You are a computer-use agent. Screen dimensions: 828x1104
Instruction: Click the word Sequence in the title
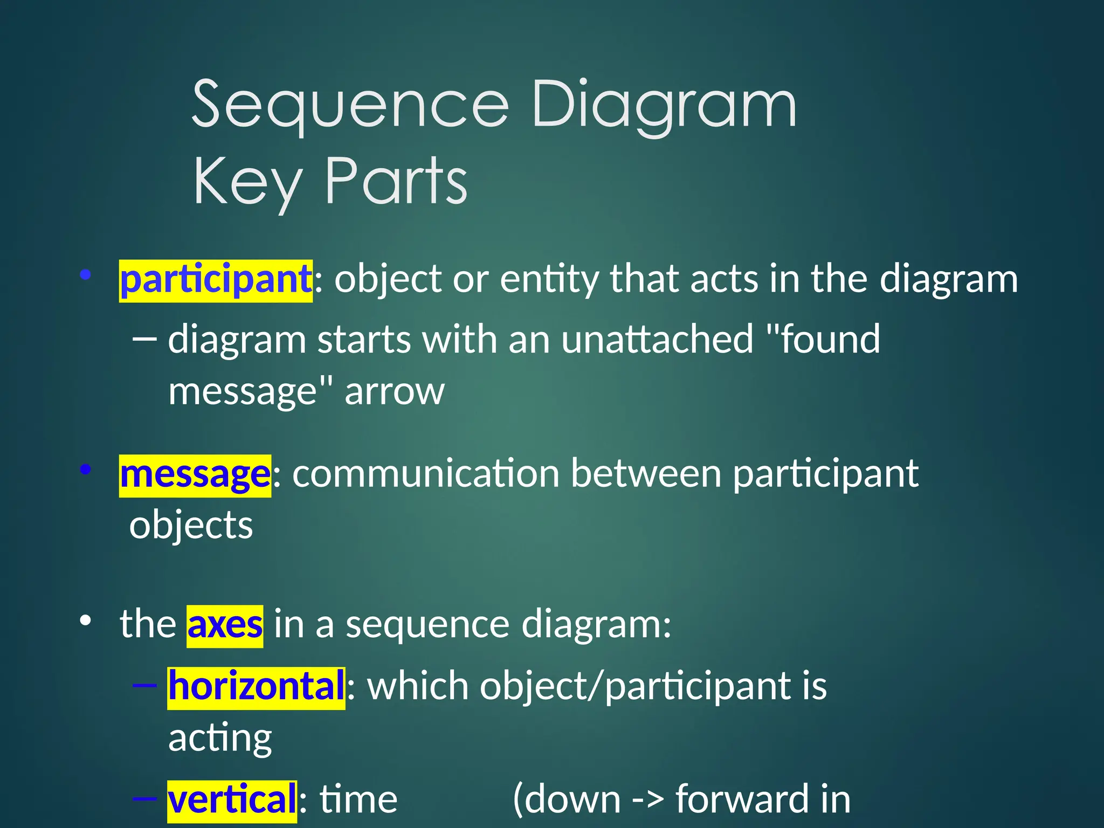350,105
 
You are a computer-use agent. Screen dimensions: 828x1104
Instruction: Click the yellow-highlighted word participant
216,280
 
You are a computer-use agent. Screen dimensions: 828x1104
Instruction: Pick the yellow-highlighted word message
195,475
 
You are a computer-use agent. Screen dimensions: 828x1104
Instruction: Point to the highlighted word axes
225,625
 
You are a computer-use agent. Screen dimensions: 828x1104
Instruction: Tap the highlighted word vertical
232,801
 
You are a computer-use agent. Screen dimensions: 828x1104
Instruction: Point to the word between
646,475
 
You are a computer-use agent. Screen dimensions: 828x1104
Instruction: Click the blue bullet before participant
85,275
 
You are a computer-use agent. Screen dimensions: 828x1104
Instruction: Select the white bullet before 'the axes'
85,620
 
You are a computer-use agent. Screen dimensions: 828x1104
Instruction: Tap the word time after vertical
358,801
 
